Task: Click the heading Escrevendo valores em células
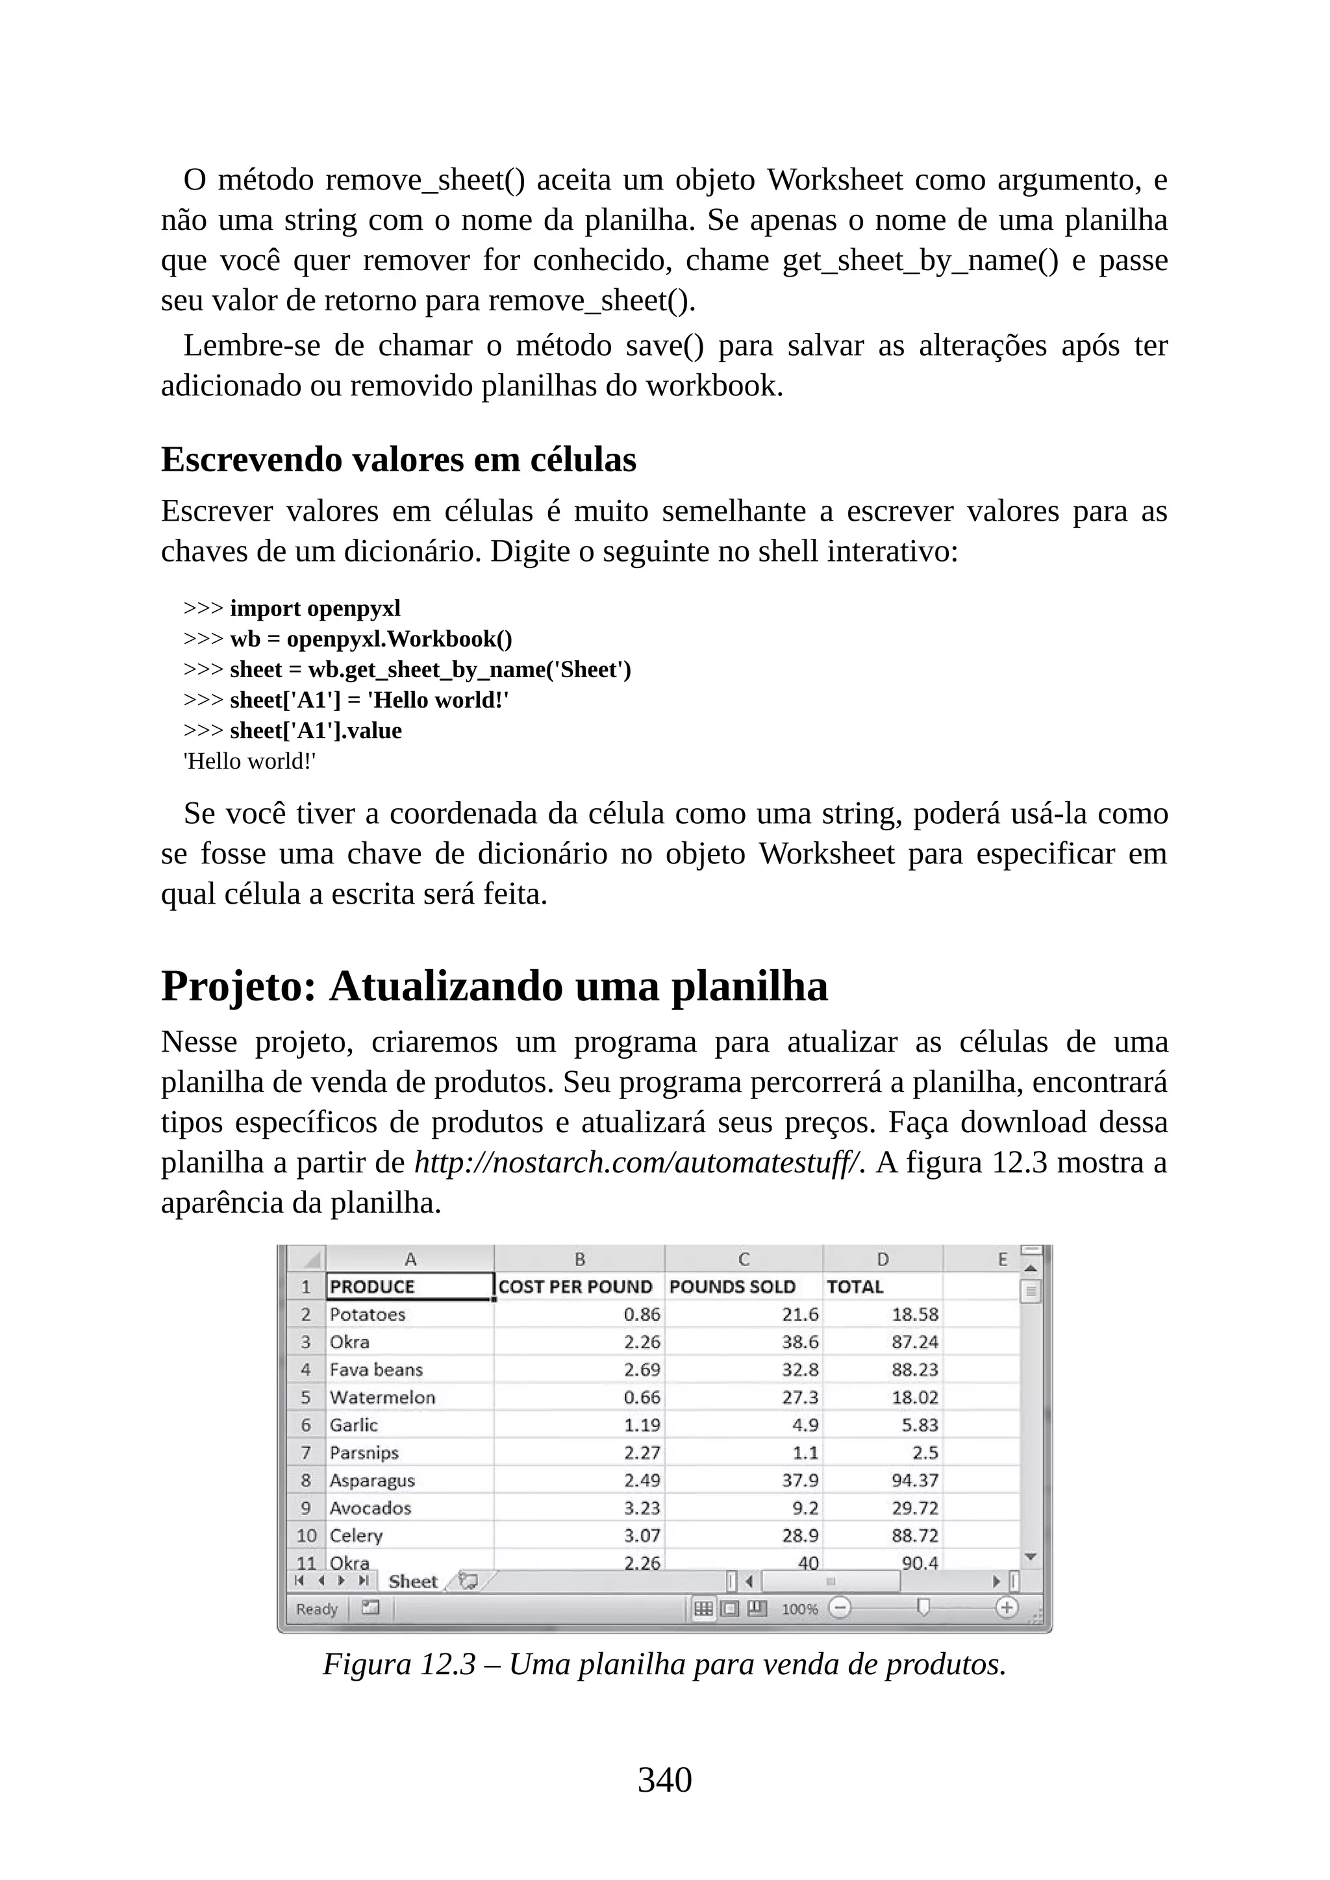pyautogui.click(x=398, y=460)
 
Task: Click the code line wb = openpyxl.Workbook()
pyautogui.click(x=370, y=639)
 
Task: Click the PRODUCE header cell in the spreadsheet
pyautogui.click(x=410, y=1287)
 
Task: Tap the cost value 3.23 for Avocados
pyautogui.click(x=641, y=1507)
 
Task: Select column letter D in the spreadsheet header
pyautogui.click(x=882, y=1259)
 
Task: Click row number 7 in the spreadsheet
pyautogui.click(x=305, y=1453)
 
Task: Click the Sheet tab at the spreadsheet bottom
pyautogui.click(x=413, y=1581)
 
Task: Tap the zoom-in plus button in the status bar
pyautogui.click(x=1006, y=1608)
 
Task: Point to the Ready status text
pyautogui.click(x=317, y=1609)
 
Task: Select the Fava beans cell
pyautogui.click(x=376, y=1369)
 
